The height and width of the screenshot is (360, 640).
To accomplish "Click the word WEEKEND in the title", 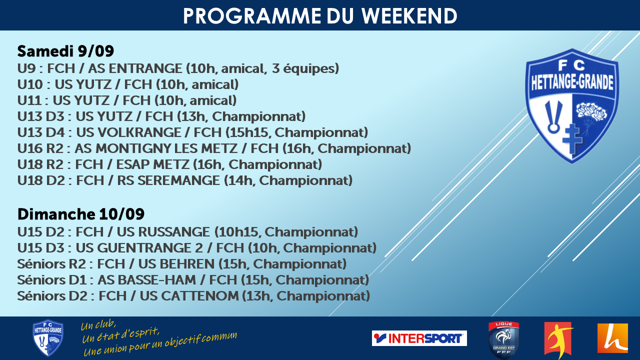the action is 409,16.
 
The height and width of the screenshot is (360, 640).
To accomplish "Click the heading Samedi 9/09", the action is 65,51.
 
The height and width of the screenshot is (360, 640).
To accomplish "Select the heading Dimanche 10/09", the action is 81,214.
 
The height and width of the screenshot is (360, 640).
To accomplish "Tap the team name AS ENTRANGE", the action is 135,68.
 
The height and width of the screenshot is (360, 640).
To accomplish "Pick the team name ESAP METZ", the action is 152,164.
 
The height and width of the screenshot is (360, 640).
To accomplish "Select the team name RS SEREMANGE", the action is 168,180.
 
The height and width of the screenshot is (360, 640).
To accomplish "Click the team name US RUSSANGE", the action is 163,232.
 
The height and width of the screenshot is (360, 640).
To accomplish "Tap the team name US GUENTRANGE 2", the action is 139,248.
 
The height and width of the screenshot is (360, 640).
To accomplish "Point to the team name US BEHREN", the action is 176,264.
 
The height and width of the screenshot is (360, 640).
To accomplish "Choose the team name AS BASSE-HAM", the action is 146,280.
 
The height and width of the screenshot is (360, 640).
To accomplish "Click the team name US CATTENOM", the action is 189,296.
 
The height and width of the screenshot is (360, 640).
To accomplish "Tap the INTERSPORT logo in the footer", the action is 419,338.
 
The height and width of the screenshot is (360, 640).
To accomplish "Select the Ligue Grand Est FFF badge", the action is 503,339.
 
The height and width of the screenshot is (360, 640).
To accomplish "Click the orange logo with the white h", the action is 612,338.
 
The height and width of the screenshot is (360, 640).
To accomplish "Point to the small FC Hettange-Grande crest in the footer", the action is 48,337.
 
